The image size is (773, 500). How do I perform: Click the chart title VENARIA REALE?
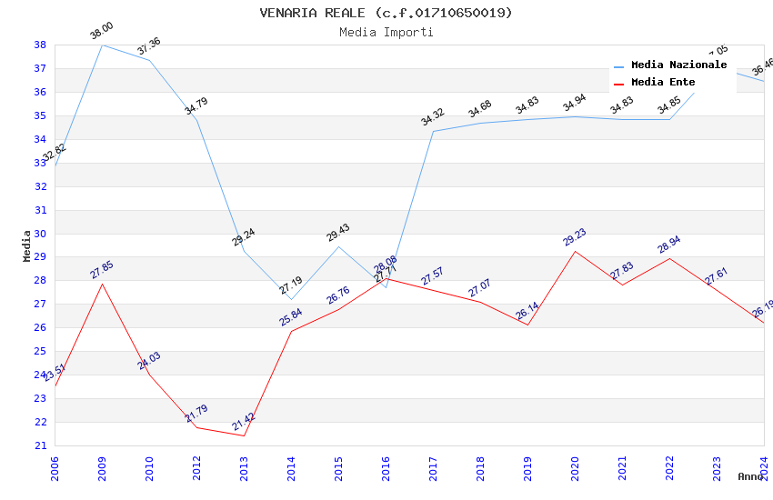[x=386, y=13]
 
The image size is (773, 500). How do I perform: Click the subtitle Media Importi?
[x=386, y=33]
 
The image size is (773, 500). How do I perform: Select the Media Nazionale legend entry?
[x=678, y=65]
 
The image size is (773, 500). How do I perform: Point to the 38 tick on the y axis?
[x=40, y=45]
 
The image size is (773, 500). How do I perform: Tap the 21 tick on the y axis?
[x=40, y=445]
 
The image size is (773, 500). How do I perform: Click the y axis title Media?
[x=26, y=245]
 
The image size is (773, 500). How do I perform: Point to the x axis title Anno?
[x=750, y=476]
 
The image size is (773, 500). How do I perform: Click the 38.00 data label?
[x=101, y=33]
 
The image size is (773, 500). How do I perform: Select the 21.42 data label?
[x=244, y=422]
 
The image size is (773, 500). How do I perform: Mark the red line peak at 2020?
[x=575, y=251]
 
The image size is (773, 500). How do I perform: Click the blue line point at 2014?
[x=291, y=299]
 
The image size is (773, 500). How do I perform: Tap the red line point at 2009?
[x=102, y=284]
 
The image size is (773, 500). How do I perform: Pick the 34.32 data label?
[x=432, y=118]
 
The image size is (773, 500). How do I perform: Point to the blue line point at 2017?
[x=433, y=131]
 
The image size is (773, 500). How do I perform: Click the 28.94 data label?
[x=669, y=245]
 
